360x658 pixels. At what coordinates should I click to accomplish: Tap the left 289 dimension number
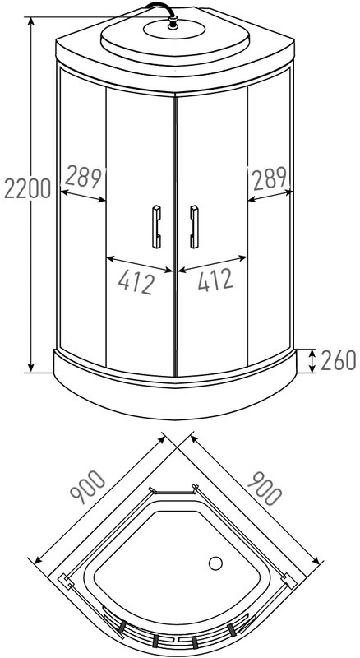[x=83, y=176]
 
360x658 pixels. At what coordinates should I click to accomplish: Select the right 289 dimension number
[x=268, y=176]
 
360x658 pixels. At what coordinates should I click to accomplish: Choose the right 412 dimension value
[x=214, y=281]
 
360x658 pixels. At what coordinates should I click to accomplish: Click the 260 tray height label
[x=337, y=360]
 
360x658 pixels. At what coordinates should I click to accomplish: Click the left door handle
[x=156, y=226]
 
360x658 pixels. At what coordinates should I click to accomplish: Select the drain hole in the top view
[x=216, y=564]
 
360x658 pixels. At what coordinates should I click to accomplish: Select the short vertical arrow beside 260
[x=314, y=360]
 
